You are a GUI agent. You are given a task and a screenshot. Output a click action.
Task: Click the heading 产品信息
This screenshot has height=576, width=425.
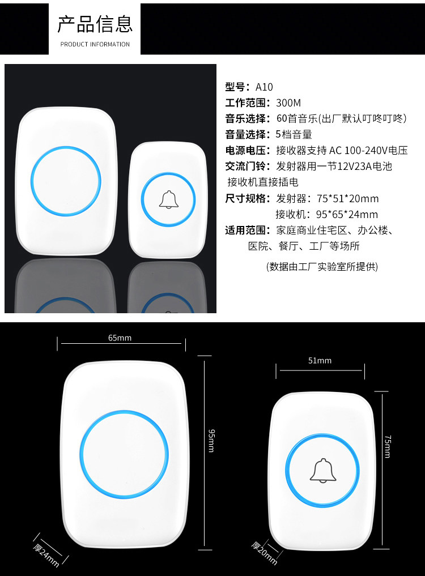[x=95, y=24]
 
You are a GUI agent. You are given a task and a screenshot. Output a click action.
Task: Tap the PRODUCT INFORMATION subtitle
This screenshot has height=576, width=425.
[x=95, y=44]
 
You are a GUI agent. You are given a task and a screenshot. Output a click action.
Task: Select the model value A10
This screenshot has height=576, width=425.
[x=264, y=87]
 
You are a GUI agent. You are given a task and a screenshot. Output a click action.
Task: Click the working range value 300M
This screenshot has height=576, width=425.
[x=288, y=103]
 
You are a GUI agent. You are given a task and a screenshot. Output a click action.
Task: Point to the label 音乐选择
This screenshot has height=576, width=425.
[x=245, y=118]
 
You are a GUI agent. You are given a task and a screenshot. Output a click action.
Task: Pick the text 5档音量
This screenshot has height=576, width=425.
[x=294, y=134]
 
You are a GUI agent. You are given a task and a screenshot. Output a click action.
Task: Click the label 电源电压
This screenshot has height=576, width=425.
[x=245, y=150]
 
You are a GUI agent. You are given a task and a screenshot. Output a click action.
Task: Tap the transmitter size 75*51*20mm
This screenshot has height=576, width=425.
[x=348, y=199]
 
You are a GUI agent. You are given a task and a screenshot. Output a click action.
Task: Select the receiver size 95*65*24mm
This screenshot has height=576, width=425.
[x=347, y=215]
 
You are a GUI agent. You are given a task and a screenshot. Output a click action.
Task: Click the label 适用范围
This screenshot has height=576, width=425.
[x=245, y=231]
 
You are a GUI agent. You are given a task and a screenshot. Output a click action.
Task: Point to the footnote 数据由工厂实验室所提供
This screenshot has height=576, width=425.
[x=322, y=267]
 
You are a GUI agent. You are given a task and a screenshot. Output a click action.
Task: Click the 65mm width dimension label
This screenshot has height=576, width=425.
[x=120, y=338]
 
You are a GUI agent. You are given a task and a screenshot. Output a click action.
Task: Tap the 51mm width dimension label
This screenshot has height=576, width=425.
[x=320, y=361]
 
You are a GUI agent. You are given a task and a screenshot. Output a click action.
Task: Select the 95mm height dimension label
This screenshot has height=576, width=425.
[x=211, y=441]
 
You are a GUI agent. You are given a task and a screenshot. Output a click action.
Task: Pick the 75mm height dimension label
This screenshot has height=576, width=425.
[x=388, y=446]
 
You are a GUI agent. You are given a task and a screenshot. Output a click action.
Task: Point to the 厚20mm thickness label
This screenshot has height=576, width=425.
[x=264, y=553]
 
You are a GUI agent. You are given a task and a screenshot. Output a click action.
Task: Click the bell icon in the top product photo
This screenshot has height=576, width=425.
[x=168, y=200]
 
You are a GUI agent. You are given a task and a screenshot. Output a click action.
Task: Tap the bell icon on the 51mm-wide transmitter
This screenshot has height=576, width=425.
[x=323, y=471]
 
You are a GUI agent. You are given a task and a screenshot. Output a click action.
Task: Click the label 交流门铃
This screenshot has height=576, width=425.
[x=245, y=166]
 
